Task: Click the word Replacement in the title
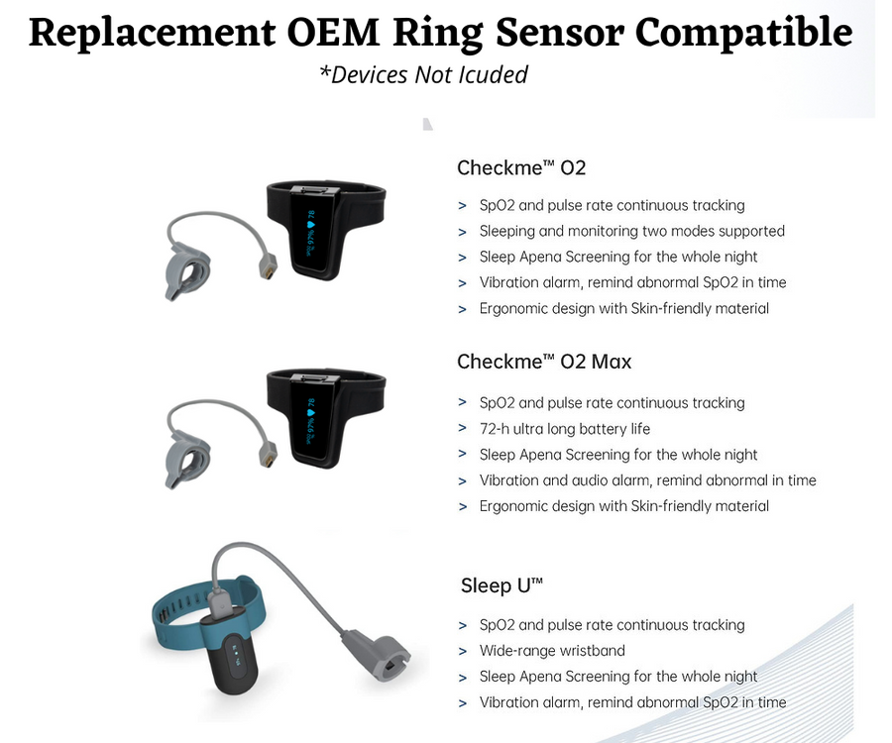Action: click(152, 34)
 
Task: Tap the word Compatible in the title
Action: click(743, 34)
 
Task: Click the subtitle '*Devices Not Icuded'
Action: click(423, 75)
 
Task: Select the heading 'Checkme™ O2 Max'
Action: click(543, 362)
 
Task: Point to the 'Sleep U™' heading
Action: click(502, 585)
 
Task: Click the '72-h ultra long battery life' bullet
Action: click(564, 429)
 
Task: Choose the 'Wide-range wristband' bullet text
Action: click(551, 651)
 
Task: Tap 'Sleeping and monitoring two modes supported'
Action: click(631, 231)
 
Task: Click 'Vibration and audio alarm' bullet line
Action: click(647, 480)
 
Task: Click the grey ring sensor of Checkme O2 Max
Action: click(187, 451)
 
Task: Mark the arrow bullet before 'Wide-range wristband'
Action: click(463, 652)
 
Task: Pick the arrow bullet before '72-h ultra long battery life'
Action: click(463, 429)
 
